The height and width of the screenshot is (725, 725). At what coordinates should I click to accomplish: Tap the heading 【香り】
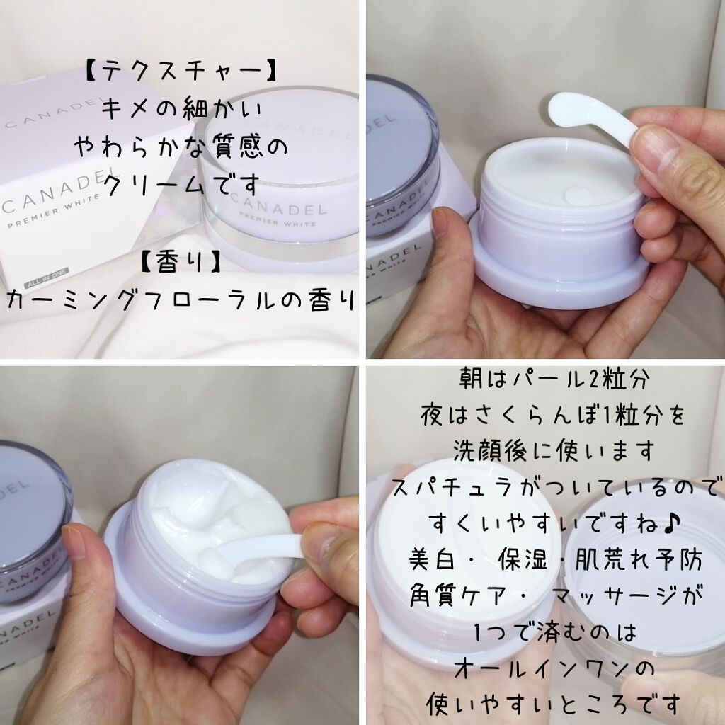(181, 261)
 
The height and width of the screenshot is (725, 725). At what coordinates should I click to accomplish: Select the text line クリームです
(180, 187)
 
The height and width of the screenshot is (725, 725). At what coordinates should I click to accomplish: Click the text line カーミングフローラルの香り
(180, 300)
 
